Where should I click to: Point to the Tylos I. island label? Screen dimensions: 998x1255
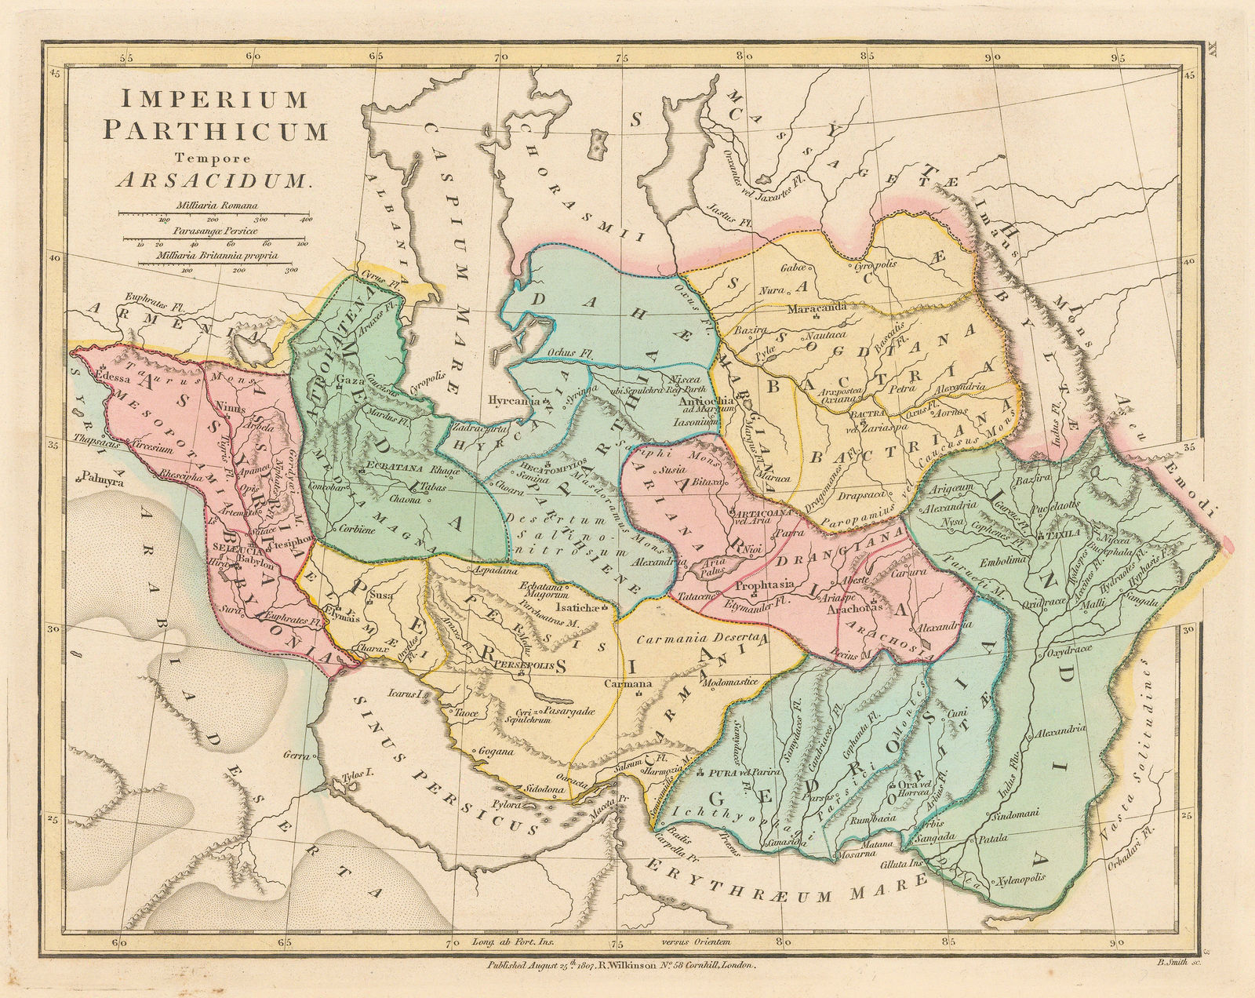351,780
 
